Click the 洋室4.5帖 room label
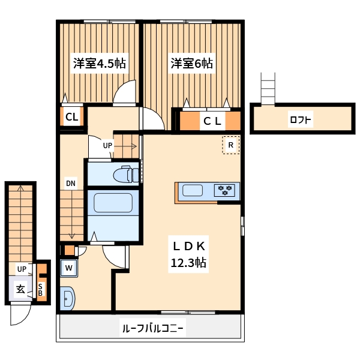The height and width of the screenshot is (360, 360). pos(99,63)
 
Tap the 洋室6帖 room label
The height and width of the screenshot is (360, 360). pos(191,63)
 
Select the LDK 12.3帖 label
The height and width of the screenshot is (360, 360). pos(190,254)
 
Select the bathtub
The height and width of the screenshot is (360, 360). pos(113,204)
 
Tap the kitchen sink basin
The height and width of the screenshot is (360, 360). pos(193,191)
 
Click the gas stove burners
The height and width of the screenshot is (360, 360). pos(226,191)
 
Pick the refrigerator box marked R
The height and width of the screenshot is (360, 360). pos(230,145)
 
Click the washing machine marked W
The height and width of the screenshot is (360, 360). pos(69,268)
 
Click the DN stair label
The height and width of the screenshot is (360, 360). pos(71,184)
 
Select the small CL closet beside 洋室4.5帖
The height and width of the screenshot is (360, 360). pos(71,118)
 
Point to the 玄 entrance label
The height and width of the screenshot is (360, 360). pos(20,289)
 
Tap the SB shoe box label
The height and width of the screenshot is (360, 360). pos(41,289)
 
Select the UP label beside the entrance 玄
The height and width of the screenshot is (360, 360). pos(22,269)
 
